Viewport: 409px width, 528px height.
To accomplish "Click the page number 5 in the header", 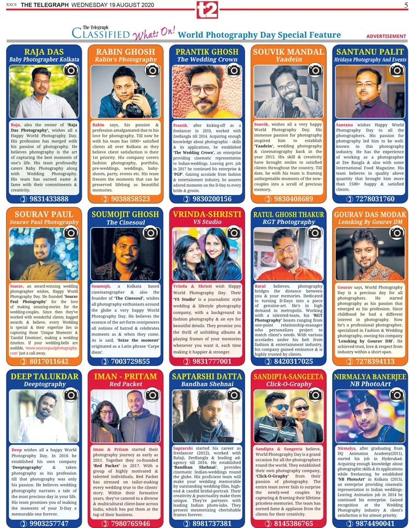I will click(405, 5).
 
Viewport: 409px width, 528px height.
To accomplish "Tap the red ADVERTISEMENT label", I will click(387, 36).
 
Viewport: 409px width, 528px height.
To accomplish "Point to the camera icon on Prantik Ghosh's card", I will click(234, 70).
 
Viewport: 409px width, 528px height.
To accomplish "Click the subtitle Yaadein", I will click(288, 59).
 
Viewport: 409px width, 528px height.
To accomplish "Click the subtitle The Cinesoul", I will click(125, 222).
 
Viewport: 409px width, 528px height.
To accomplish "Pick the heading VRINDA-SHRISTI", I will click(207, 214).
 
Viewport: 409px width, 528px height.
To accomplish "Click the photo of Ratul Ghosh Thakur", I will click(288, 254).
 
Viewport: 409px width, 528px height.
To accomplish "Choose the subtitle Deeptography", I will click(44, 384).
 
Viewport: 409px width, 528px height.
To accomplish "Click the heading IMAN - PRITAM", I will click(125, 377).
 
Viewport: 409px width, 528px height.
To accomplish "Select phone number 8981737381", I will click(212, 523).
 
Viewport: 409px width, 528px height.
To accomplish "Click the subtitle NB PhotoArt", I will click(370, 384).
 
